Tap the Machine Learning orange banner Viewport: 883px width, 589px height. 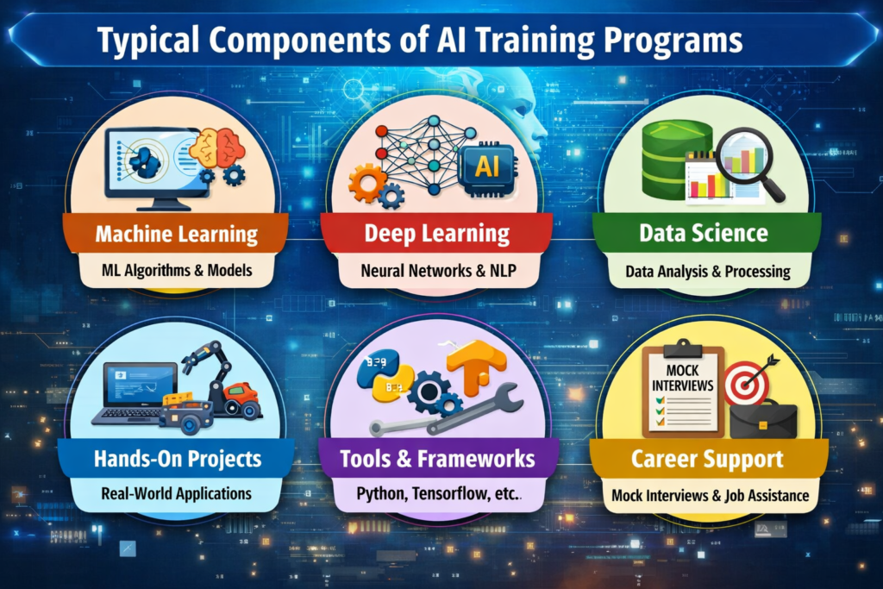(x=176, y=234)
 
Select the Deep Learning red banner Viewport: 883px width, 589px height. (x=436, y=234)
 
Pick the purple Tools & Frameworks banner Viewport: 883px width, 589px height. (x=437, y=458)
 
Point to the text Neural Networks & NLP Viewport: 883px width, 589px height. (x=437, y=271)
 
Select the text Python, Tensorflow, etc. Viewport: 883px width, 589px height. (x=437, y=495)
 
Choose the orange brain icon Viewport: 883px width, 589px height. (x=218, y=148)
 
